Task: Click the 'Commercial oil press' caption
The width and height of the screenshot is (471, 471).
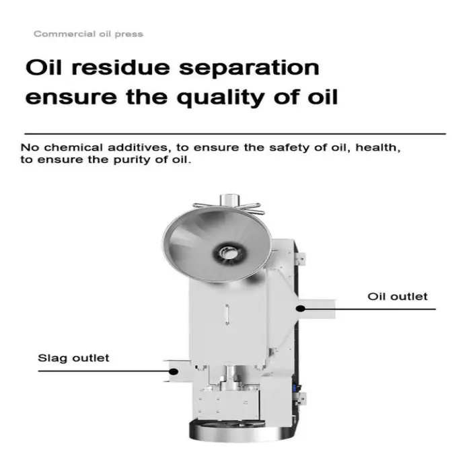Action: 88,34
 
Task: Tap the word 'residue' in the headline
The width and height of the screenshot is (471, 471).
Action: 120,67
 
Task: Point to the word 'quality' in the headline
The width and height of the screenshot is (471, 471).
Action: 221,98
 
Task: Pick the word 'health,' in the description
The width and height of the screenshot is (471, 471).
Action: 378,147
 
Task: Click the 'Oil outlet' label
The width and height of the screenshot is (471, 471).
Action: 398,297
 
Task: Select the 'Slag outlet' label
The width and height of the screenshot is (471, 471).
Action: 73,358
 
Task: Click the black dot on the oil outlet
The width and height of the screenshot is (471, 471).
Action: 300,308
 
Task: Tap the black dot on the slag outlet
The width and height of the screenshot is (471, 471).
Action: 174,371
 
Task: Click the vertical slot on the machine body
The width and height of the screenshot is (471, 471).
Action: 227,314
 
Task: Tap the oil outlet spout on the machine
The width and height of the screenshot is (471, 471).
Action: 316,309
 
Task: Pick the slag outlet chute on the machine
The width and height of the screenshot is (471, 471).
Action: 178,371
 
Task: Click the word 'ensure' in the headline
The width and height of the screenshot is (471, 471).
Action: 71,98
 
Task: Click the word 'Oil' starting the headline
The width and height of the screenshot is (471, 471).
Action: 44,67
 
